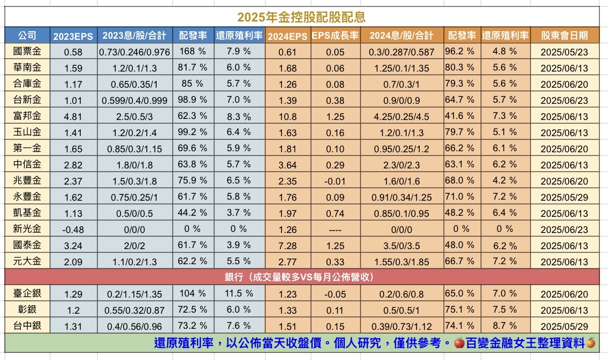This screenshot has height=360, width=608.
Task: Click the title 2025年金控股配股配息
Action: coord(301,17)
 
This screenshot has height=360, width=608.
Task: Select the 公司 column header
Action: coord(27,36)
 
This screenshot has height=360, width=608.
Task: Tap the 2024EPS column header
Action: coord(287,37)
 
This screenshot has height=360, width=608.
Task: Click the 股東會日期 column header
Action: coord(564,36)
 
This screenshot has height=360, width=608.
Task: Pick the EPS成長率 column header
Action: coord(335,37)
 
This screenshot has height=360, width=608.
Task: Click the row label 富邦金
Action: coord(27,116)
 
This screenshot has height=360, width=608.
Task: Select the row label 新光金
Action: coord(27,229)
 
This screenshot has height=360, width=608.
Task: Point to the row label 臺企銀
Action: coord(27,293)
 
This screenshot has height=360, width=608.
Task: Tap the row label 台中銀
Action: coord(27,326)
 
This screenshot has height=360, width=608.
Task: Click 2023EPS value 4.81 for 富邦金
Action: coord(73,116)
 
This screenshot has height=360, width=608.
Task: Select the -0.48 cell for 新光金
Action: coord(73,229)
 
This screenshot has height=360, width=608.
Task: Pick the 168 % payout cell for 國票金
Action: coord(192,52)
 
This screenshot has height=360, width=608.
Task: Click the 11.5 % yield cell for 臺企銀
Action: coord(238,293)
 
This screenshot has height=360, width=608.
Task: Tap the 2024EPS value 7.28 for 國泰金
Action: coord(287,245)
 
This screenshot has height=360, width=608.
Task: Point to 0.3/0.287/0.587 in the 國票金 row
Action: coord(402,52)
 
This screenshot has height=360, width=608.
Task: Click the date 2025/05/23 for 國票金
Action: coord(564,52)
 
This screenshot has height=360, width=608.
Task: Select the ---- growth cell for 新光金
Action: coord(335,229)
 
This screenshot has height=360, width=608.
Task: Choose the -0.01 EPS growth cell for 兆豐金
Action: coord(335,181)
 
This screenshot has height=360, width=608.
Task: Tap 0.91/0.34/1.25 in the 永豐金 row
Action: coord(402,197)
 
